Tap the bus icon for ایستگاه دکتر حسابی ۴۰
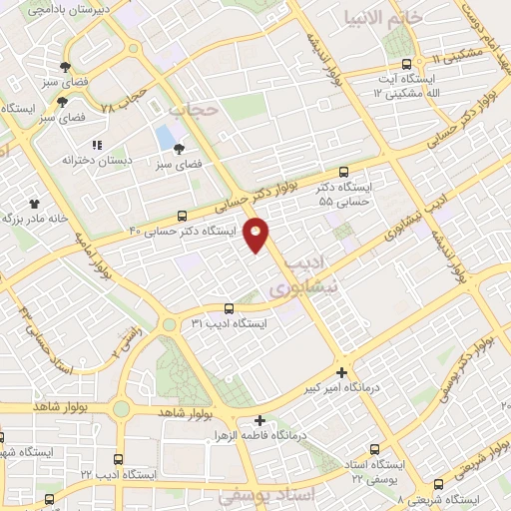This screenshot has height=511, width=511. tap(181, 216)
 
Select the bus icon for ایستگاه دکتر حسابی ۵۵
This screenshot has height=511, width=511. tap(344, 172)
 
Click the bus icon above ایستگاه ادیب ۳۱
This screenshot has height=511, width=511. tap(229, 308)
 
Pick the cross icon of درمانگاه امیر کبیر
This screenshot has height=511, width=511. tap(341, 370)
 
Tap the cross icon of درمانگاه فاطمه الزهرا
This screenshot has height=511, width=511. tap(259, 421)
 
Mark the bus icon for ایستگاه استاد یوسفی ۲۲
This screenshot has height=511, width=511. tap(375, 450)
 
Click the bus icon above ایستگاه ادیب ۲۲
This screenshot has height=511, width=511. tap(119, 459)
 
